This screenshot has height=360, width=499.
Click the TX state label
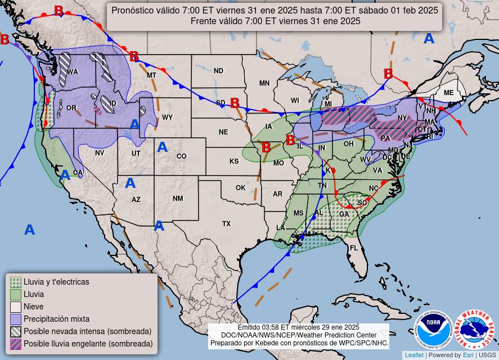coord(226,224)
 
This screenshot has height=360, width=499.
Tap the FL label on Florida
coord(354,248)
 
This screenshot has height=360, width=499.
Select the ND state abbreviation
coord(218,71)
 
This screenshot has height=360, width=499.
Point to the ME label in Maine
coord(448,93)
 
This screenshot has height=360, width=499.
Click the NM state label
coord(178,199)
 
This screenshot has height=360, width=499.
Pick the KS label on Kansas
coord(234,161)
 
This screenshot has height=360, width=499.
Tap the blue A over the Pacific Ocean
coord(29,229)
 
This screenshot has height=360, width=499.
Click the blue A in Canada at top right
coord(429,39)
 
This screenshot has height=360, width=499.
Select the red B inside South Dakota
coord(235,103)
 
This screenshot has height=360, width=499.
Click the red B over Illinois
coord(290,140)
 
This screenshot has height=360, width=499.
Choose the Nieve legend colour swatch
coord(16,307)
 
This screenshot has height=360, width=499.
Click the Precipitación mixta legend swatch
coord(16,319)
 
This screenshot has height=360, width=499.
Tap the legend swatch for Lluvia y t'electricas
coord(16,282)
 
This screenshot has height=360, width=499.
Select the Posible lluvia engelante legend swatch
coord(16,344)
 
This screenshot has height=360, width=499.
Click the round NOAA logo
coord(434,330)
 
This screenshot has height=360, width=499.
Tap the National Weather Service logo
coord(474,330)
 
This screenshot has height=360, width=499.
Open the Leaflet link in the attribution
coord(414,355)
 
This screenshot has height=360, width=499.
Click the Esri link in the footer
coord(468,355)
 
